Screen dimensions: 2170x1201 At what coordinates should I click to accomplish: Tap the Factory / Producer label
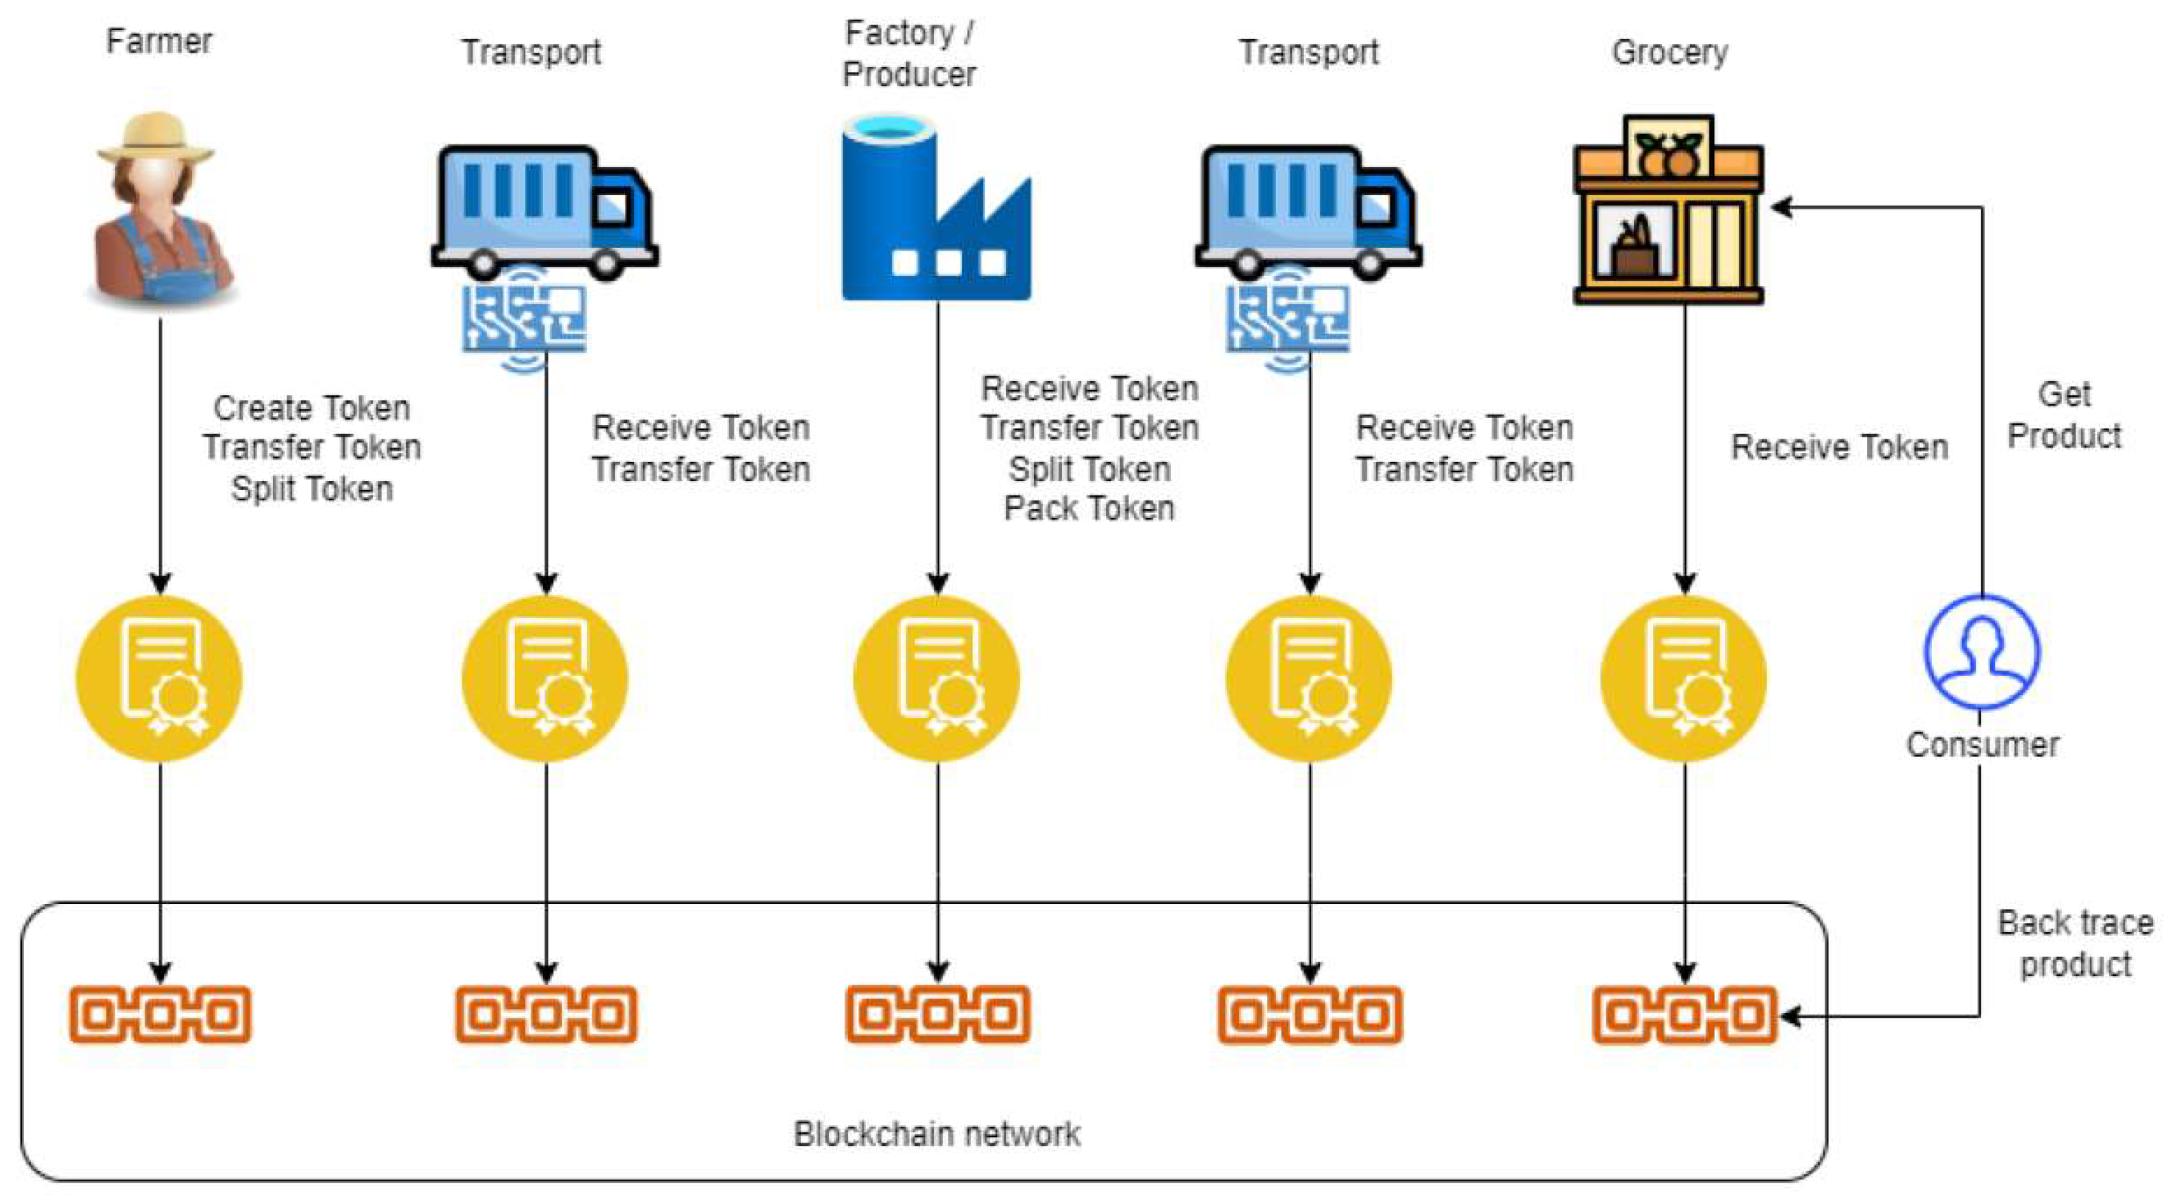909,53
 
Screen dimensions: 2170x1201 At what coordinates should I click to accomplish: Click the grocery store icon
1669,209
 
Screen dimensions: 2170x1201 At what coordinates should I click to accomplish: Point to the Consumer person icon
1981,651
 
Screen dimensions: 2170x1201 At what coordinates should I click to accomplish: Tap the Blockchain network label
937,1133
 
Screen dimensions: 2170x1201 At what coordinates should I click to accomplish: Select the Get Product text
2064,415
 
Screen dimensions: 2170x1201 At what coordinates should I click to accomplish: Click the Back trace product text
2075,943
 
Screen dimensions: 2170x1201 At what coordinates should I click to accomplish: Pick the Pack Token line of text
1089,508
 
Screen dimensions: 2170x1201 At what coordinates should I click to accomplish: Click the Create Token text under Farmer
312,408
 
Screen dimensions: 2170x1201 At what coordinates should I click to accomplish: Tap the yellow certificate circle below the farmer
159,678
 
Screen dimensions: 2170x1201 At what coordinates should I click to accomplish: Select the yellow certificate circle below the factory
937,678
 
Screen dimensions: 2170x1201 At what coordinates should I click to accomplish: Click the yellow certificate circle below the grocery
1684,678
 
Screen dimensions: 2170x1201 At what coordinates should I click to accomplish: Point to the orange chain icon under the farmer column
160,1014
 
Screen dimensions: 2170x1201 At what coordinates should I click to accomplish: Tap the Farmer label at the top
159,41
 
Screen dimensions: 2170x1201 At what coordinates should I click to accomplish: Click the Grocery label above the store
1669,52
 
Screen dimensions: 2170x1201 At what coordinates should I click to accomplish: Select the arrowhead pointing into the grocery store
1781,207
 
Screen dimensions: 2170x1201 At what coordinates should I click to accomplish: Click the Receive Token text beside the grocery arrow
1840,447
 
